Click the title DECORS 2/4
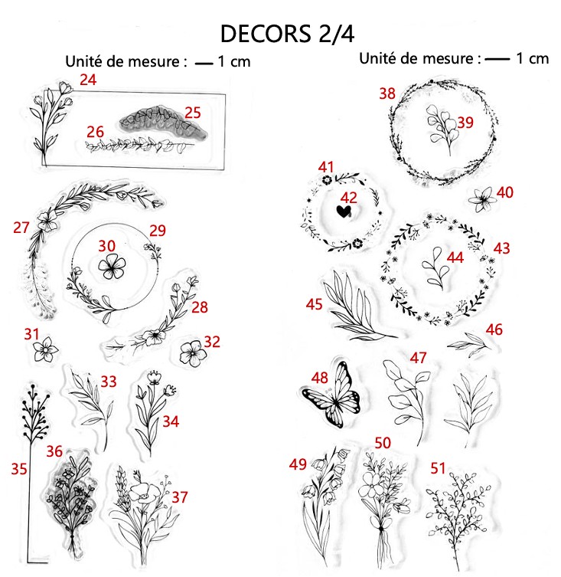point(287,34)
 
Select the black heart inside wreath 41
point(344,211)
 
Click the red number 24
point(88,80)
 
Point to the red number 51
point(438,468)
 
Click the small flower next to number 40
point(481,199)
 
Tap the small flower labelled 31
point(45,349)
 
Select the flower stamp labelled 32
point(193,353)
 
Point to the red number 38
point(387,93)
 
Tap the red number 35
point(19,469)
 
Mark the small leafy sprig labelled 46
point(469,345)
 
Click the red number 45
point(314,304)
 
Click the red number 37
point(180,497)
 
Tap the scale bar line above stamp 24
point(204,64)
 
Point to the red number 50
point(383,443)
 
